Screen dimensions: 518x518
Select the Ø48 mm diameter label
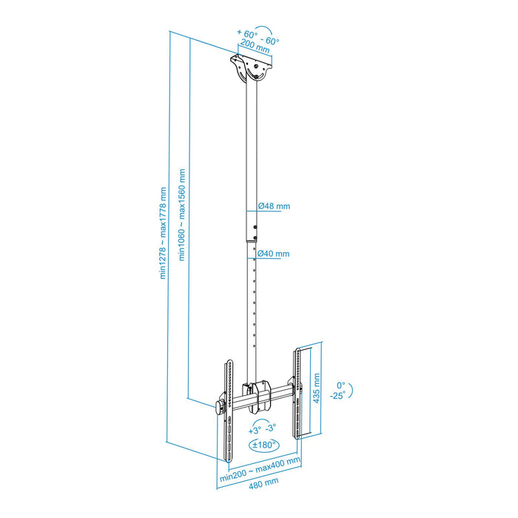[x=273, y=207]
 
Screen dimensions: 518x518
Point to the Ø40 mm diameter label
[x=273, y=254]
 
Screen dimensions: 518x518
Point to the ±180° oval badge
[x=263, y=445]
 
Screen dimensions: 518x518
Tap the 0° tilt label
[x=341, y=385]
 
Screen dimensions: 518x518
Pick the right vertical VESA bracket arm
[x=300, y=392]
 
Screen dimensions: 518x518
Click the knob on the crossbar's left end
[x=220, y=406]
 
